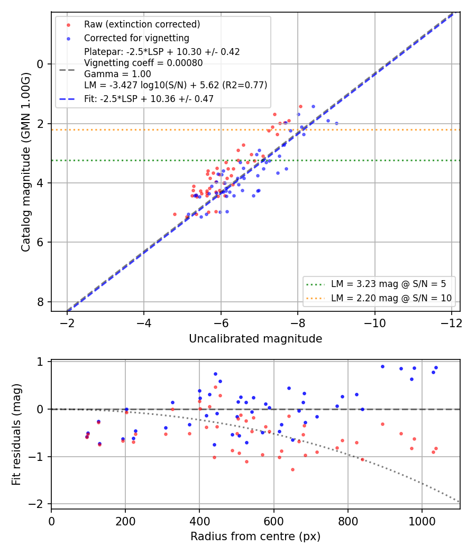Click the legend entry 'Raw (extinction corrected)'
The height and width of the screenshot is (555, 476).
click(x=142, y=24)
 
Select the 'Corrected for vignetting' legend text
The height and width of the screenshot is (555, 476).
click(x=136, y=38)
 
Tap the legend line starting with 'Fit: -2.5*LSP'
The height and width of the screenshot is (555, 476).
click(x=149, y=99)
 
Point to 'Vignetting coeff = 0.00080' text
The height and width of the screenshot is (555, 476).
click(x=143, y=63)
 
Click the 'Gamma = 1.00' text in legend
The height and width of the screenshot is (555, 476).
click(x=117, y=74)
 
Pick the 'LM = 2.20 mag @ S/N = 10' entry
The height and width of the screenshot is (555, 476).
click(x=391, y=298)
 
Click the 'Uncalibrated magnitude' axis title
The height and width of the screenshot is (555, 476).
click(x=255, y=339)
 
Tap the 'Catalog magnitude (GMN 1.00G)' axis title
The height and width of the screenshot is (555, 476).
click(x=25, y=162)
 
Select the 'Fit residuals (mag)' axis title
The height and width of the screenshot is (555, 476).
click(x=16, y=434)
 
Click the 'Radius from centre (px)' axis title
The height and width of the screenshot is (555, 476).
click(x=255, y=536)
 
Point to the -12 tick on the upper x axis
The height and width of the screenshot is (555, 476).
click(x=452, y=323)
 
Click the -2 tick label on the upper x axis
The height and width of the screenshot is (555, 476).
click(x=67, y=323)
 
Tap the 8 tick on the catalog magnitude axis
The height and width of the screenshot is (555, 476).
click(x=40, y=302)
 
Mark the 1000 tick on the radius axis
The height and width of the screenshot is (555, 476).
click(x=422, y=521)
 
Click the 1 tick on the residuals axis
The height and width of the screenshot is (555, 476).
click(x=40, y=362)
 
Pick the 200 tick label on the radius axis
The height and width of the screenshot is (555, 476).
click(x=125, y=521)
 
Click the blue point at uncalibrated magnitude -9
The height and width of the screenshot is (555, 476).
click(x=336, y=124)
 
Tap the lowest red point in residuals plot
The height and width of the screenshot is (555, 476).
click(x=292, y=470)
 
